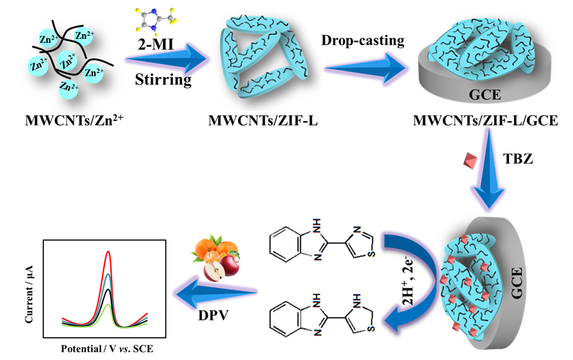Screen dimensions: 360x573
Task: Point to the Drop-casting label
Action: pyautogui.click(x=362, y=41)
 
